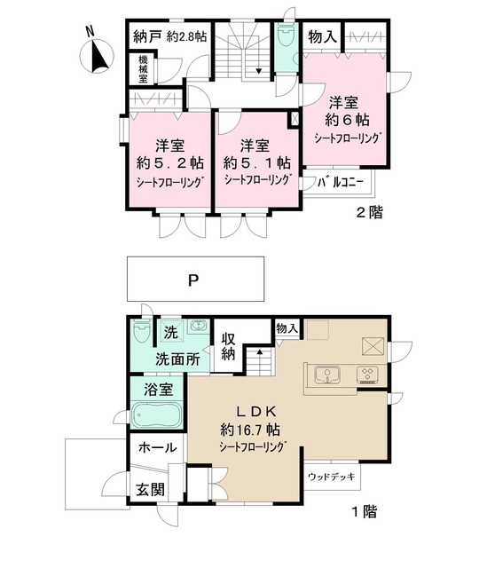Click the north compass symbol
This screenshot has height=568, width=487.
click(x=97, y=55)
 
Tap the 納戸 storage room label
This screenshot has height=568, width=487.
click(x=147, y=36)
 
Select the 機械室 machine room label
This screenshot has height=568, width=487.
click(x=143, y=69)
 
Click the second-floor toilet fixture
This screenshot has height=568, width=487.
click(x=286, y=35)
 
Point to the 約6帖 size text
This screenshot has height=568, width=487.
click(x=347, y=120)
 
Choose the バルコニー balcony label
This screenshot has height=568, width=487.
click(x=340, y=182)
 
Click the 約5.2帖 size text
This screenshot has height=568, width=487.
click(x=169, y=163)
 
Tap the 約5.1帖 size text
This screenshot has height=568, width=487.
click(x=256, y=163)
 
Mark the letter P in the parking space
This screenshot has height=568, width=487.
click(x=194, y=280)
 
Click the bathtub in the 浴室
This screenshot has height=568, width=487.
click(x=157, y=415)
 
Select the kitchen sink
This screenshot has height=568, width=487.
click(x=327, y=375)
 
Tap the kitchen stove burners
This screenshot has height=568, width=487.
click(x=367, y=375)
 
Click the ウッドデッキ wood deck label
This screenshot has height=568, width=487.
click(x=331, y=477)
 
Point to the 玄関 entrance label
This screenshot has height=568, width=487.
click(x=150, y=490)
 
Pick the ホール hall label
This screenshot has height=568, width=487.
click(x=158, y=447)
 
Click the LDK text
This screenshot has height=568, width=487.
click(x=256, y=412)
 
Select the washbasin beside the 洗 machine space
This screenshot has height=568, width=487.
click(x=198, y=326)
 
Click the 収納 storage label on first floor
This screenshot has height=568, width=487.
click(x=228, y=347)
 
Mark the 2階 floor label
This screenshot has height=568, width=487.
click(x=369, y=212)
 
